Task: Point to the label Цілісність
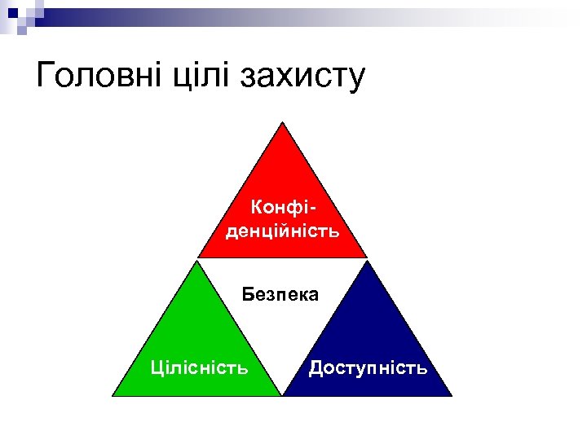(x=201, y=367)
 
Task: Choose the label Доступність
(x=368, y=367)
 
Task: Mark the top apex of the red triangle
(x=282, y=122)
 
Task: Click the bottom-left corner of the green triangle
(x=113, y=396)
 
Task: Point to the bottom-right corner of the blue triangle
(x=452, y=396)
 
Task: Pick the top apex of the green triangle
(x=197, y=262)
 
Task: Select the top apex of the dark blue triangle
(x=367, y=262)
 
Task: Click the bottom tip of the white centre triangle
(x=282, y=395)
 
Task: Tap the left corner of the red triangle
(x=198, y=257)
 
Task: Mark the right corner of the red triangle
(x=366, y=257)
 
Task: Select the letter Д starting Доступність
(x=316, y=368)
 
